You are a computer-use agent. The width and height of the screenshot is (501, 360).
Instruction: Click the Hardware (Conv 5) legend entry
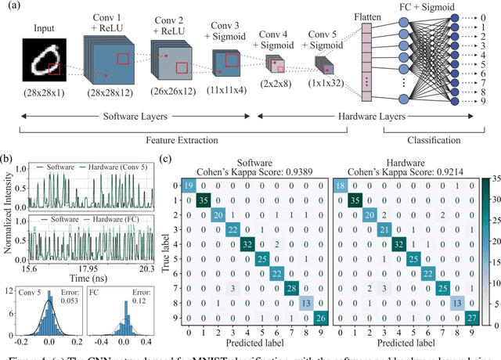[121, 167]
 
